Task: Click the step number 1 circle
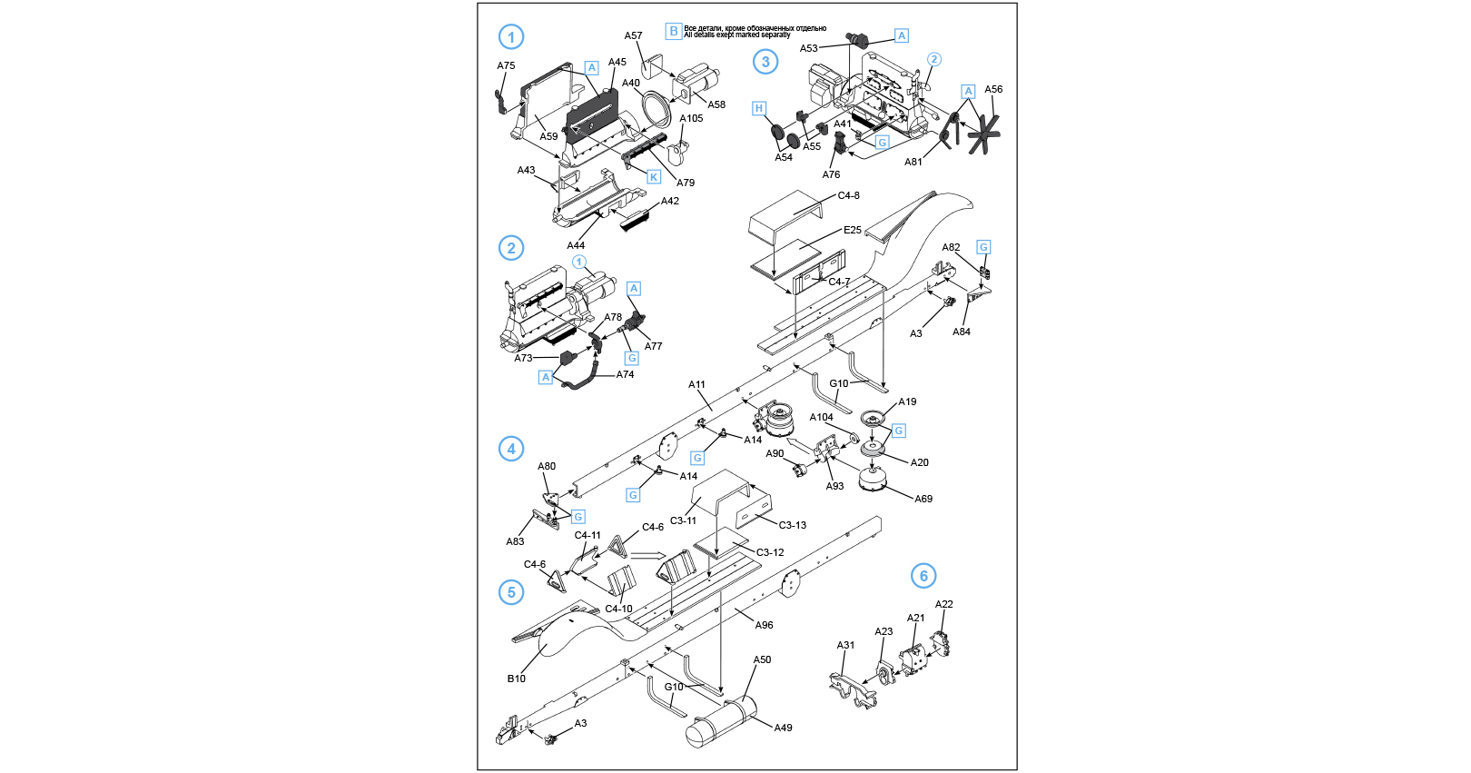(x=511, y=37)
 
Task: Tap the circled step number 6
(x=923, y=576)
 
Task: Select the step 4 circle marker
(x=511, y=449)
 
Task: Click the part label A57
(x=633, y=36)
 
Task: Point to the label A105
(x=691, y=118)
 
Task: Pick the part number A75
(x=506, y=65)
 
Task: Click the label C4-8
(x=848, y=195)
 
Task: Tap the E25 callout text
(x=852, y=230)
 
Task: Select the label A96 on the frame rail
(x=764, y=625)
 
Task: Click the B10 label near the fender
(x=516, y=679)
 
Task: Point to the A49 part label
(x=783, y=728)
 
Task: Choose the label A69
(x=923, y=499)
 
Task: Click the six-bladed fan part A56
(x=982, y=134)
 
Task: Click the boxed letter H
(x=759, y=109)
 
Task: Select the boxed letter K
(x=653, y=177)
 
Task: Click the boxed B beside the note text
(x=674, y=31)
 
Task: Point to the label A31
(x=845, y=645)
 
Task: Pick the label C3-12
(x=770, y=552)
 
